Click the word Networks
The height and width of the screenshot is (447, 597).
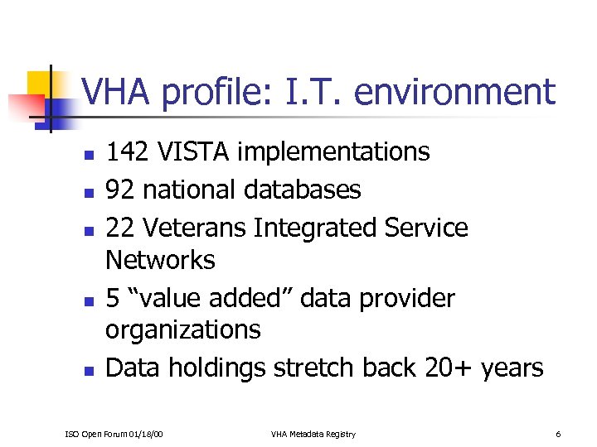tap(160, 261)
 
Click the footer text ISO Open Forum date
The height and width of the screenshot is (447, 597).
tap(114, 435)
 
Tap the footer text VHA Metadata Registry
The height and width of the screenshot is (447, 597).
tap(313, 435)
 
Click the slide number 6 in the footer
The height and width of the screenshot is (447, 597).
tap(559, 435)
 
